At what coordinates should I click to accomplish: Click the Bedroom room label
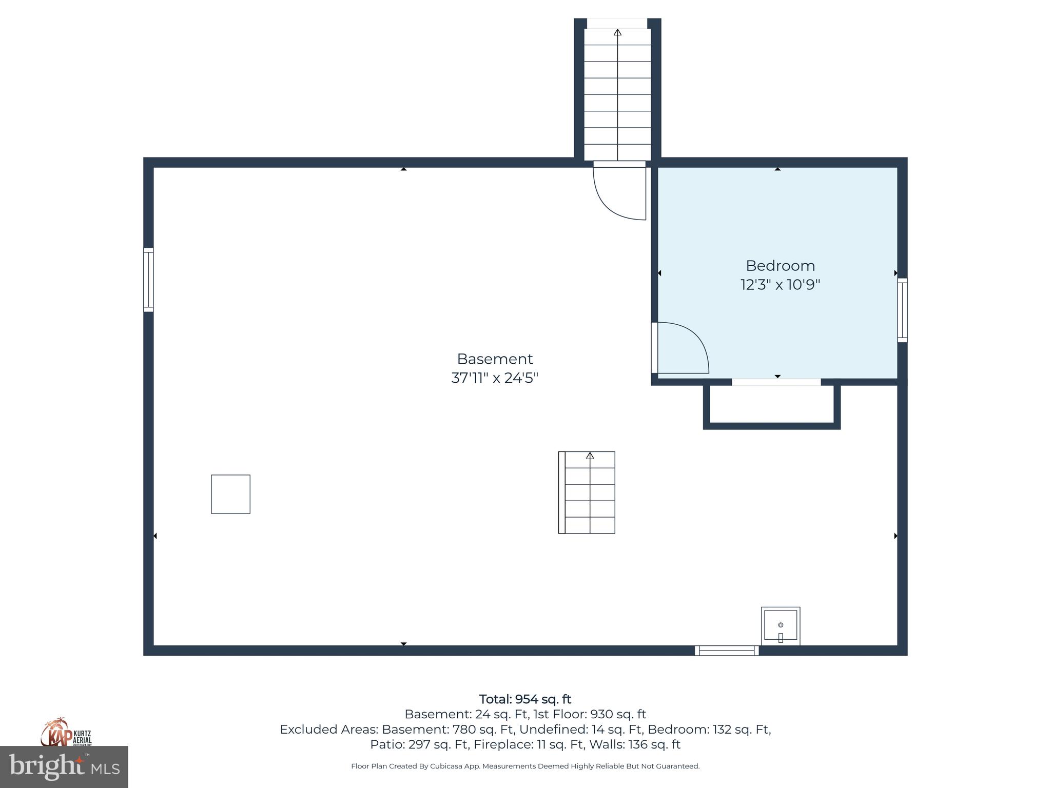pos(780,266)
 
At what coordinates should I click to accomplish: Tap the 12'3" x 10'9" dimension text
pos(780,285)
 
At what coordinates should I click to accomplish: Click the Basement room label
pos(495,359)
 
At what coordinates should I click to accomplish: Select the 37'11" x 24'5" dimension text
pos(495,378)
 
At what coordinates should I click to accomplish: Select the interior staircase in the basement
pos(587,493)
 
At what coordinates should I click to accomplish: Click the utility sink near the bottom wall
pos(780,625)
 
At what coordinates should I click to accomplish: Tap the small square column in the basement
pos(230,494)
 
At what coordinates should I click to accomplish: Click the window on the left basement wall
pos(148,280)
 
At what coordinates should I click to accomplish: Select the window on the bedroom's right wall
pos(902,310)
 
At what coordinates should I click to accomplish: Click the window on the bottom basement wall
pos(727,651)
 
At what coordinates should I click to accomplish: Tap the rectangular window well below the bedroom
pos(771,405)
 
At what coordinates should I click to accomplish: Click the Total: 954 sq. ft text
pos(525,699)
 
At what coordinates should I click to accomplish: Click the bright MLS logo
pos(64,767)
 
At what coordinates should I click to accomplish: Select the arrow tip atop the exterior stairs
pos(617,32)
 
